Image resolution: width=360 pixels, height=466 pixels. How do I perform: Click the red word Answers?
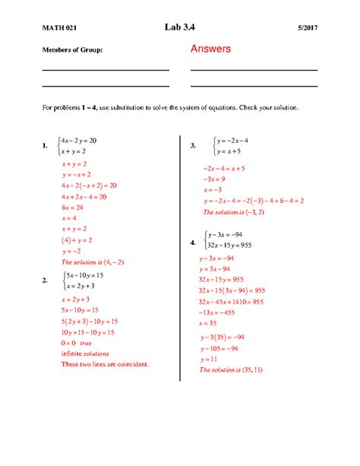click(x=210, y=49)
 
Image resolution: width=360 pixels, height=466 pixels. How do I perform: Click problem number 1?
click(x=46, y=146)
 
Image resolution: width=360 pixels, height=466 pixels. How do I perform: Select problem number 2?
click(x=46, y=281)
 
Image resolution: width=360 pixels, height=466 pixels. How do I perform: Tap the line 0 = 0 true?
click(x=77, y=343)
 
